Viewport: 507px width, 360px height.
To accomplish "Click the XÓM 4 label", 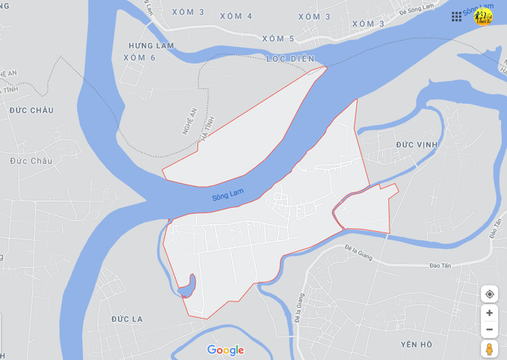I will [x=236, y=16].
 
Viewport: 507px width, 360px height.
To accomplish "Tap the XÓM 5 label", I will [x=278, y=39].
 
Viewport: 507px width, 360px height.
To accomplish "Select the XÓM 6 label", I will [x=140, y=58].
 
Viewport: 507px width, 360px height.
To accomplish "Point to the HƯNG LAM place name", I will [x=151, y=46].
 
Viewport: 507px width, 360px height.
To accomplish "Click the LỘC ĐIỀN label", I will [x=290, y=59].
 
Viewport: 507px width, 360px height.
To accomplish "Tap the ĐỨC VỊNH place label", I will [x=417, y=145].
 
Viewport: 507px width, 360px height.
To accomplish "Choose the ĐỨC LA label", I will [x=127, y=319].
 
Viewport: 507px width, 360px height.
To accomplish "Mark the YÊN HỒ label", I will [x=417, y=344].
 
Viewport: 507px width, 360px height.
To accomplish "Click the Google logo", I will [x=225, y=350].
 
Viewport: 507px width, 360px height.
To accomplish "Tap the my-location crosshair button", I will [x=489, y=294].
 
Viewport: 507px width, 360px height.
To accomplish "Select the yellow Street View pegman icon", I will [x=489, y=349].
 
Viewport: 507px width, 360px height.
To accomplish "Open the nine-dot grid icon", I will [x=456, y=17].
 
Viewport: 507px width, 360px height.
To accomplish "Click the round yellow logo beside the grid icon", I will [x=483, y=17].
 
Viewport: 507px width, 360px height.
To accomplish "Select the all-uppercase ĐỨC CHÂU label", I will [x=31, y=111].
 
